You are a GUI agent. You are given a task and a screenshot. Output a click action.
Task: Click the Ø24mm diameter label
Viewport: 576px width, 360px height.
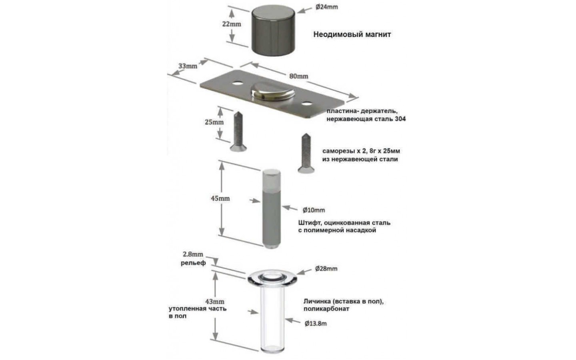[x=326, y=7]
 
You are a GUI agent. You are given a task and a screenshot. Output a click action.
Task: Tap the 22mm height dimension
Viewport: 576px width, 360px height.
[x=232, y=24]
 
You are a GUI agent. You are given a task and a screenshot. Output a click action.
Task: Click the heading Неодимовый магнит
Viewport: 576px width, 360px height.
[x=352, y=34]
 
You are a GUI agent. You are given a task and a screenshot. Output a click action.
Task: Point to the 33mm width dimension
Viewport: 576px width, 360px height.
[x=187, y=65]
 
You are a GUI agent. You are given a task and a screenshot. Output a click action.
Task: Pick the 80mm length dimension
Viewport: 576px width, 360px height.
[x=298, y=76]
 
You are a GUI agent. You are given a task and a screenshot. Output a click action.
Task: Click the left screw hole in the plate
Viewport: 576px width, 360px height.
[x=238, y=84]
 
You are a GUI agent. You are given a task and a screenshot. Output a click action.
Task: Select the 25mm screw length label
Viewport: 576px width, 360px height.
[x=214, y=122]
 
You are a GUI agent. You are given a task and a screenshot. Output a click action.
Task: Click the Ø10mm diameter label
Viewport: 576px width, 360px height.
[x=314, y=210]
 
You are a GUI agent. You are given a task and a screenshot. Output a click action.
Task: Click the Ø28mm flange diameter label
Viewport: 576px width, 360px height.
[x=326, y=269]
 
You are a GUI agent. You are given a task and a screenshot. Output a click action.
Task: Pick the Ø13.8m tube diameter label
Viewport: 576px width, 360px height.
[x=316, y=324]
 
